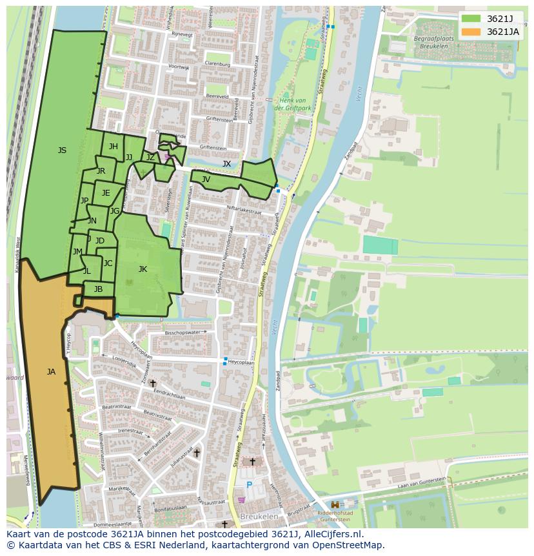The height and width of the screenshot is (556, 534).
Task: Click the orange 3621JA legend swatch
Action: point(471,32)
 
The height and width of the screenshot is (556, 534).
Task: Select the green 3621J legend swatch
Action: point(471,19)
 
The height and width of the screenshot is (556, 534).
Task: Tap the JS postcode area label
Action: point(62,150)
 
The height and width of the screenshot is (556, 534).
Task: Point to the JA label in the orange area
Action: point(51,371)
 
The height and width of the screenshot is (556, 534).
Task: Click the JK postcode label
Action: point(143,269)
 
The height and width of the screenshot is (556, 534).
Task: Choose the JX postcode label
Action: point(226,164)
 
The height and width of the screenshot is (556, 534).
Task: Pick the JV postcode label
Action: point(206,180)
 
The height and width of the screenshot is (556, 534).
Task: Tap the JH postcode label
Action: point(113,147)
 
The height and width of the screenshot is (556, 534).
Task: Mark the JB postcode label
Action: point(98,289)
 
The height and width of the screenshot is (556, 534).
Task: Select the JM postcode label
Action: point(77,252)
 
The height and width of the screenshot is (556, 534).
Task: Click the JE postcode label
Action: point(106,193)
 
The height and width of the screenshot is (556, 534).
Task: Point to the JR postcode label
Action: point(101,171)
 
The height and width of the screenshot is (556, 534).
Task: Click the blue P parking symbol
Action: point(249,484)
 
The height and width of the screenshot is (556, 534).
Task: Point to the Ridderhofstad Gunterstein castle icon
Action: point(335,504)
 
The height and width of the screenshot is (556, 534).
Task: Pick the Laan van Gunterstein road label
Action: point(422,482)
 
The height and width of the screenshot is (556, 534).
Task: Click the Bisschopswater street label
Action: point(183,333)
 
